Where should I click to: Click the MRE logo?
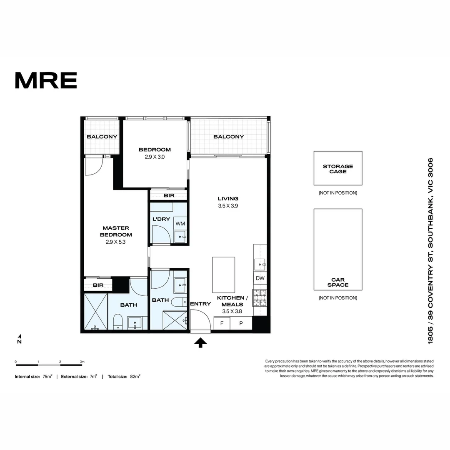[x=46, y=80]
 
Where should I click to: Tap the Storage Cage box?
[x=337, y=168]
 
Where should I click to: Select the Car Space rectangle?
[x=337, y=249]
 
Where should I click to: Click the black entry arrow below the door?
[x=200, y=342]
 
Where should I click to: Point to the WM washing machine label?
[x=180, y=224]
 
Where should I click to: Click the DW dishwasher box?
[x=260, y=278]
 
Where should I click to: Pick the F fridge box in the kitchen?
[x=222, y=323]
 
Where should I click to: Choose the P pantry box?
[x=241, y=323]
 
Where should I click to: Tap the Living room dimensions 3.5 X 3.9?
[x=228, y=205]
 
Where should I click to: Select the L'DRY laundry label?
[x=160, y=219]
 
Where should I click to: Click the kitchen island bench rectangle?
[x=223, y=275]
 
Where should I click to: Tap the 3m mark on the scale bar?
[x=82, y=362]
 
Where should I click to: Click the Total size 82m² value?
[x=135, y=376]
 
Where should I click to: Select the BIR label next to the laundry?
[x=169, y=195]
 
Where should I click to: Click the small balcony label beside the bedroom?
[x=102, y=137]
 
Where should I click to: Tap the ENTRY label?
[x=200, y=304]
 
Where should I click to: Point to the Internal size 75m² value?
[x=47, y=376]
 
